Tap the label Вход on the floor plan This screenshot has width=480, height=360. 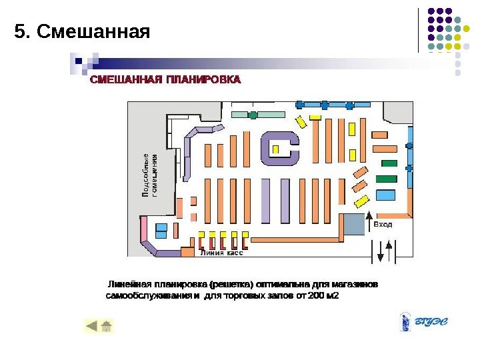tap(383, 225)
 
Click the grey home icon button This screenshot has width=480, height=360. tap(106, 326)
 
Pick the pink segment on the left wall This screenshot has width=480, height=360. tap(143, 228)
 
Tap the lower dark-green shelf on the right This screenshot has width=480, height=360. tap(386, 178)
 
